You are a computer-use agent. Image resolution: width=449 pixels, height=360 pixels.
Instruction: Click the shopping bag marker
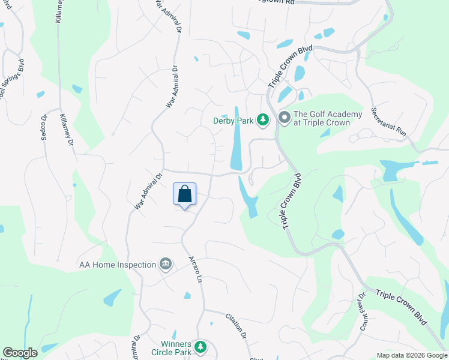point(185,194)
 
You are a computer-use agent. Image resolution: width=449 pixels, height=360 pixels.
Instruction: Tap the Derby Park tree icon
point(262,120)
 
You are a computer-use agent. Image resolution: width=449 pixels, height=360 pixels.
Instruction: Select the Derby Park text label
point(233,120)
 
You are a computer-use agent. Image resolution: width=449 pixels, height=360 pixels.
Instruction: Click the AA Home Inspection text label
point(117,264)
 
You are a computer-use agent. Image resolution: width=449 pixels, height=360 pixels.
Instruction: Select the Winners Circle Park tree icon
point(201,346)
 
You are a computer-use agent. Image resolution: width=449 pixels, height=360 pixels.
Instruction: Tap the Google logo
point(20,353)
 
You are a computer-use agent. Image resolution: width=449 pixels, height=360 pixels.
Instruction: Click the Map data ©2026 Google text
point(411,355)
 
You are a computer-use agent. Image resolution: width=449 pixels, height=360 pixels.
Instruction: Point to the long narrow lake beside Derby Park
point(237,139)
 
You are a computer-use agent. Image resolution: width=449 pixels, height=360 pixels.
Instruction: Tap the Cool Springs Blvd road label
point(10,82)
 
